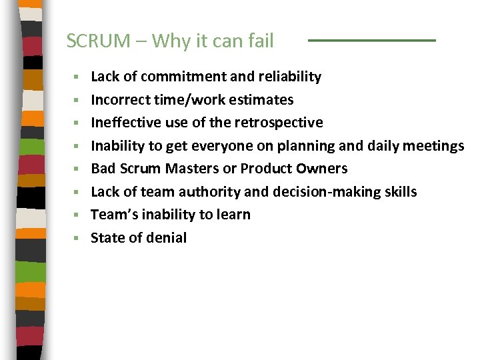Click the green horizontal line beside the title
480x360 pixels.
click(371, 41)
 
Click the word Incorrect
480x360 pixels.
click(117, 100)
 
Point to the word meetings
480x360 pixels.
click(434, 146)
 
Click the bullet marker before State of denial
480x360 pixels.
click(77, 238)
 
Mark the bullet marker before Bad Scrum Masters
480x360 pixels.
click(77, 169)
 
